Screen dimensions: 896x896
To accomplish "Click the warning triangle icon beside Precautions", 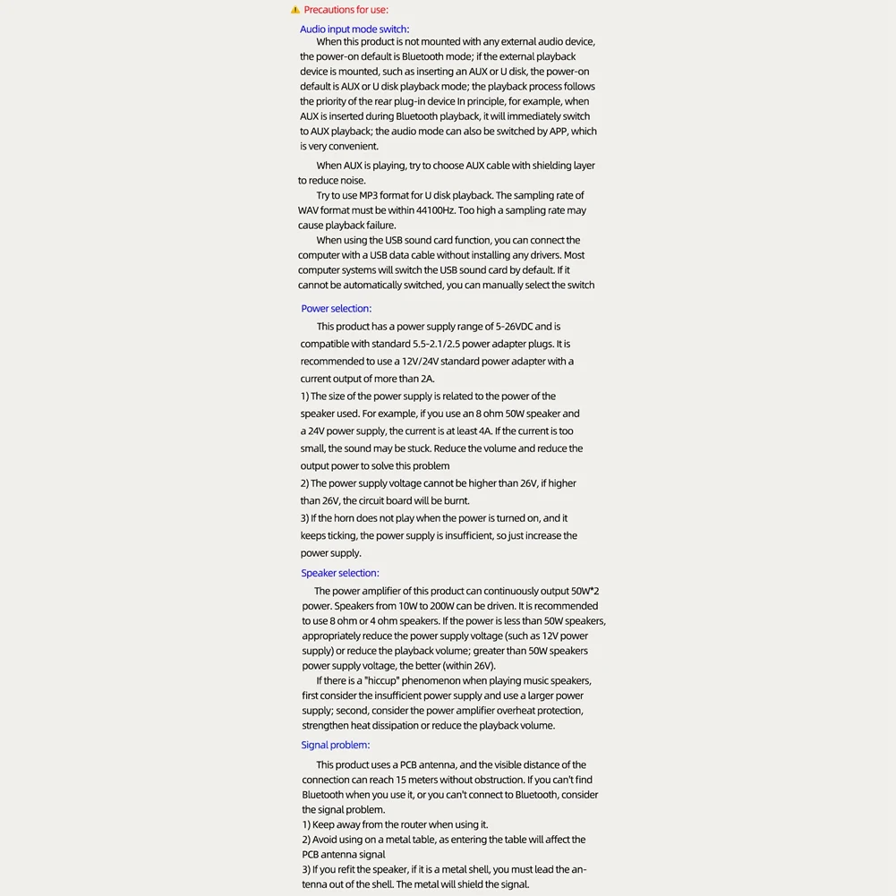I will tap(295, 10).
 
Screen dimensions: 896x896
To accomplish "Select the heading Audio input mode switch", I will tap(354, 30).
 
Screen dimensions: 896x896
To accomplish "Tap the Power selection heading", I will tap(336, 309).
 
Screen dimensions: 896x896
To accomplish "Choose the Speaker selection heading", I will tap(340, 573).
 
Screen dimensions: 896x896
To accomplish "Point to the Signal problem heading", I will tap(335, 745).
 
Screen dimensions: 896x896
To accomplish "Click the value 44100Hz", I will tap(433, 210).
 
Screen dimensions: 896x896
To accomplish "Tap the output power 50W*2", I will tap(585, 591).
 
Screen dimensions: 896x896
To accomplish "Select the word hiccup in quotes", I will tap(380, 681).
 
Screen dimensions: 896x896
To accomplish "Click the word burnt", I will tap(457, 501).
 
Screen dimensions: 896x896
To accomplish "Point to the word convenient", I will tap(354, 147).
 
